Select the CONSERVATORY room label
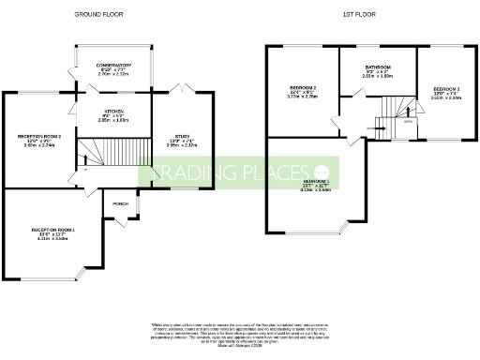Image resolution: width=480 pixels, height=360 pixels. tap(113, 66)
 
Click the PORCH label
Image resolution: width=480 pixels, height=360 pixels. tap(120, 204)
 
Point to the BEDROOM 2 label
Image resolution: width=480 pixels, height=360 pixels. tap(303, 90)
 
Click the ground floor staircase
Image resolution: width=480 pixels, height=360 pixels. tap(112, 151)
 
